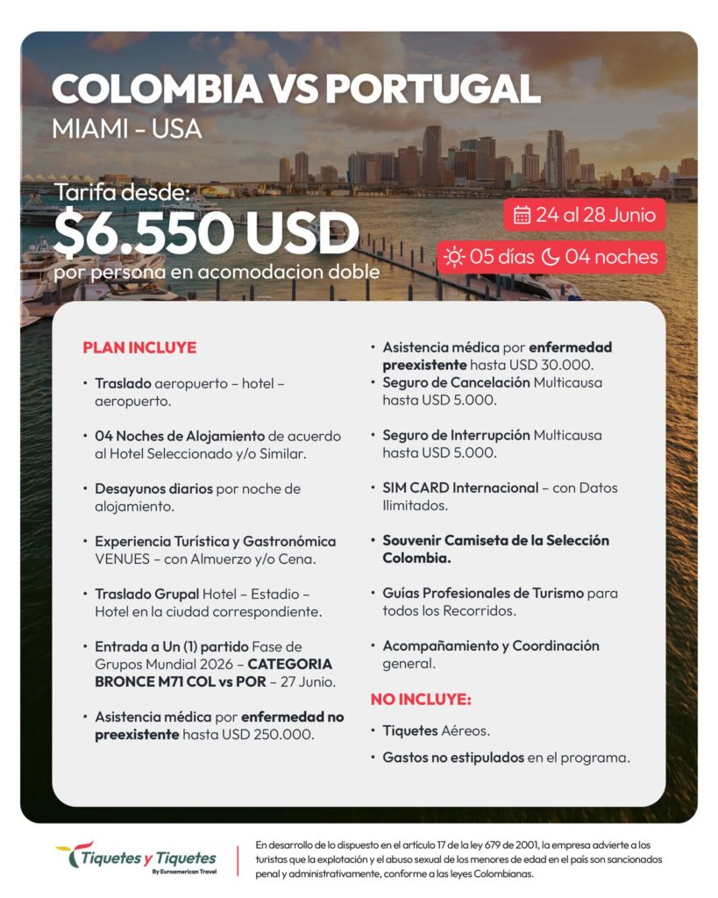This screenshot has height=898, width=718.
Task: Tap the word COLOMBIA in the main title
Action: (x=160, y=90)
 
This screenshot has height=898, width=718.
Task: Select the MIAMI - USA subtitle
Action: (x=126, y=129)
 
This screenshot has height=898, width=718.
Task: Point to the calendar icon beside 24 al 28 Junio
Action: (x=522, y=215)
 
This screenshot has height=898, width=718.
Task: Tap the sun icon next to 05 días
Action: (x=454, y=257)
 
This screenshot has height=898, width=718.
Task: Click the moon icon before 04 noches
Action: (x=551, y=257)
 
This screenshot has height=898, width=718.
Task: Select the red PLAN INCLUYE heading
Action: (x=139, y=347)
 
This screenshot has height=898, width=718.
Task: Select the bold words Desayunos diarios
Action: (x=153, y=488)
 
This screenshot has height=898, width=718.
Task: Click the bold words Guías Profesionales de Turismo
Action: (x=483, y=593)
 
